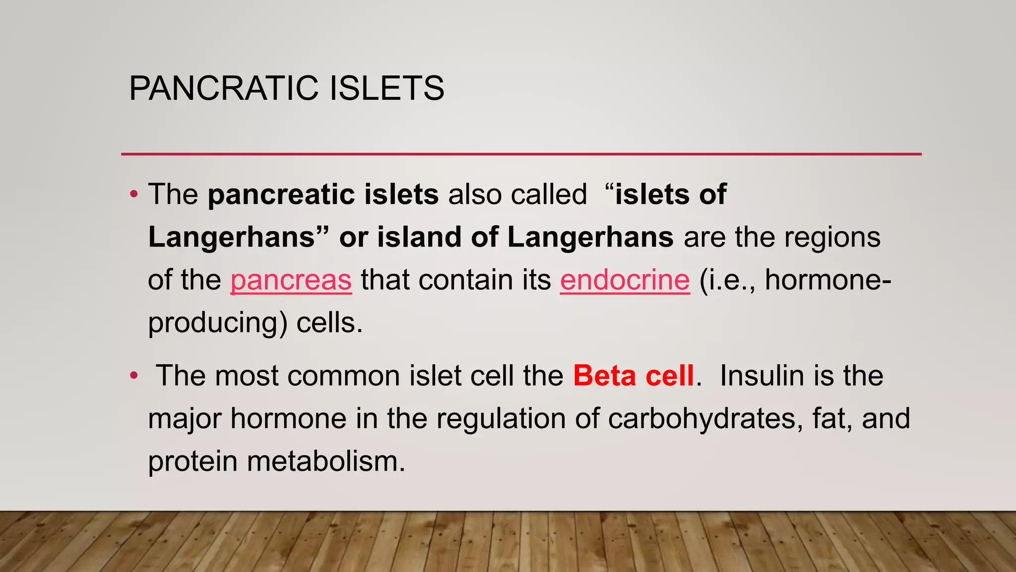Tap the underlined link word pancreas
[291, 280]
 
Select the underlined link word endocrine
[625, 280]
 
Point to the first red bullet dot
[133, 194]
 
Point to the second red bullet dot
[133, 376]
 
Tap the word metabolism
[326, 461]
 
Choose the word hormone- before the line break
[828, 280]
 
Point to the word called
[549, 194]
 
